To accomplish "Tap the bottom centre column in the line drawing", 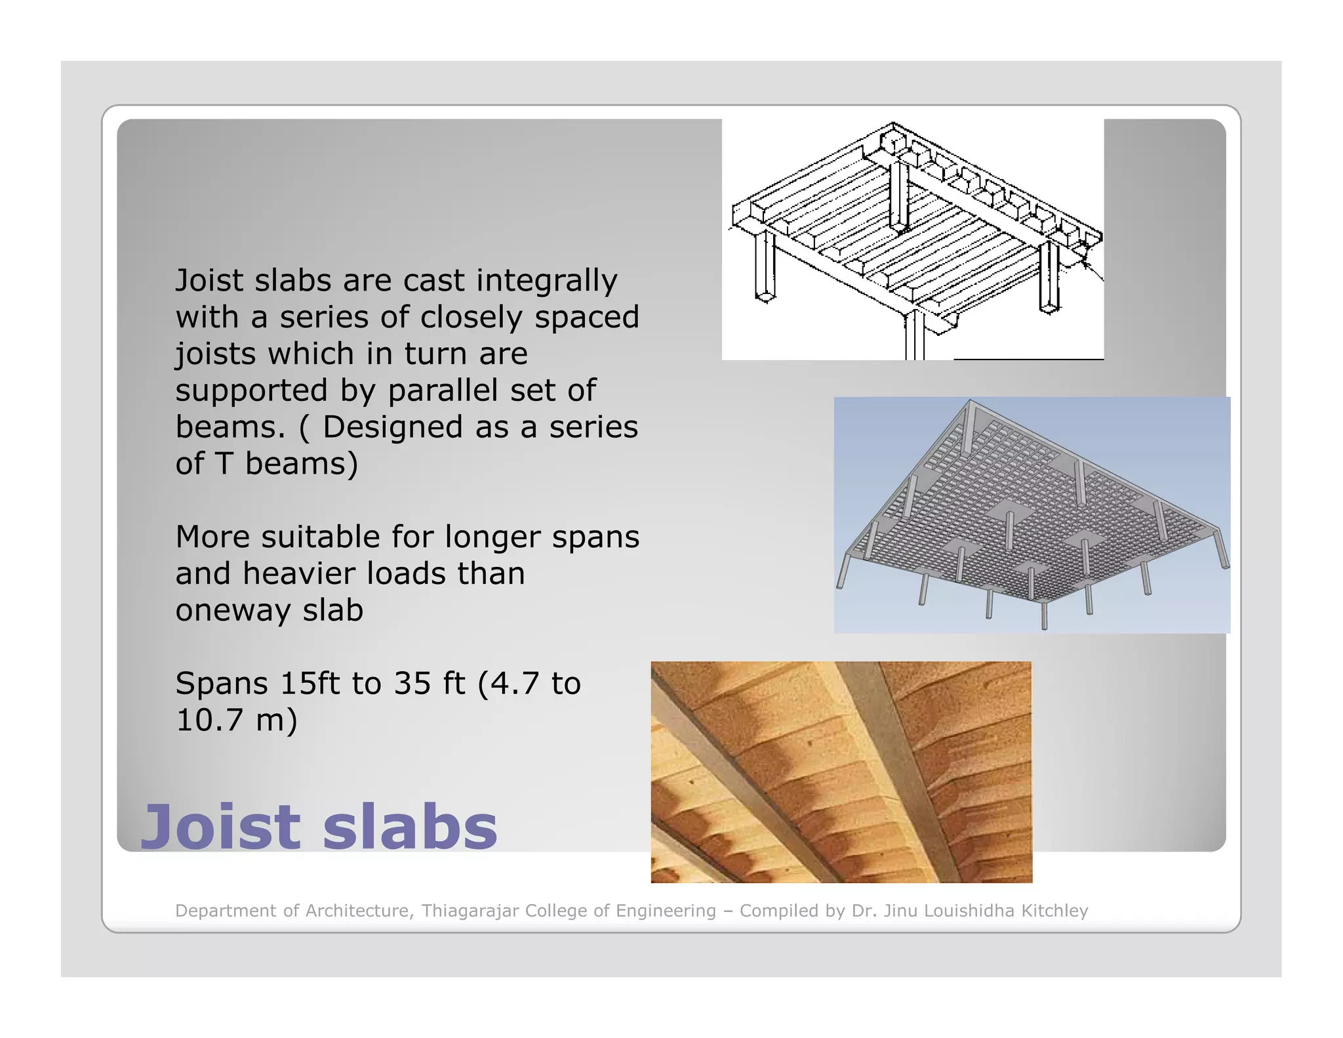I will (915, 335).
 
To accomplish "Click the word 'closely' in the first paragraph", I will (473, 318).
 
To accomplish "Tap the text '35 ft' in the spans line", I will (429, 684).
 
